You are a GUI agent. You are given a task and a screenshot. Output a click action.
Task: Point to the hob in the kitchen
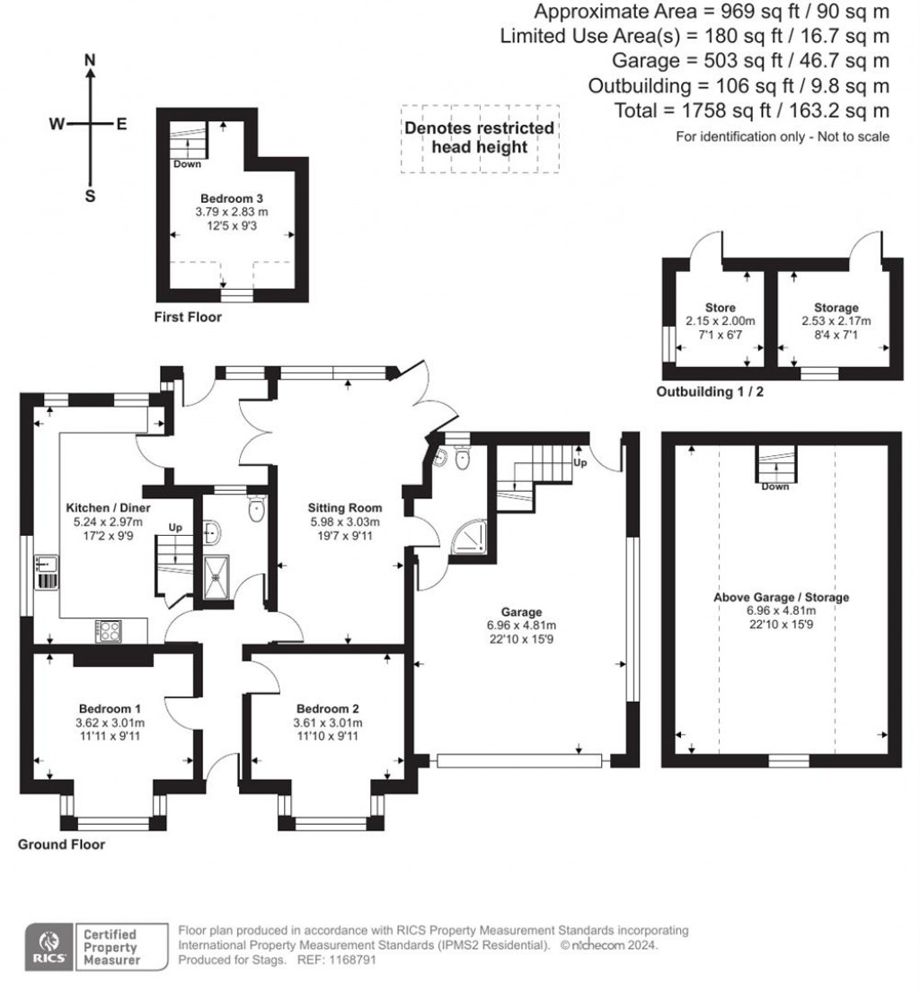[x=110, y=632]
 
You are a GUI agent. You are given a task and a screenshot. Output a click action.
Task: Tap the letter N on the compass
[x=90, y=60]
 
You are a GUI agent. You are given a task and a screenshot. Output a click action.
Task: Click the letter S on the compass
[x=90, y=197]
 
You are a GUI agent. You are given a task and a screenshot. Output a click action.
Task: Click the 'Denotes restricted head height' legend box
[x=479, y=138]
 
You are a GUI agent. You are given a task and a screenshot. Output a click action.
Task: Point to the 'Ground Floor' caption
[x=61, y=845]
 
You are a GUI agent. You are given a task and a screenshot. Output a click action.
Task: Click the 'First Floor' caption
[x=188, y=317]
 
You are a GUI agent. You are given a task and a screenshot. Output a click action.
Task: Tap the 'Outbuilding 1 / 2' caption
[x=714, y=392]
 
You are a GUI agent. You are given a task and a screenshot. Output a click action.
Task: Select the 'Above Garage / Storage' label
[x=780, y=597]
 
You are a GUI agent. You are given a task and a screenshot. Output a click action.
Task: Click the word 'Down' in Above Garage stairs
[x=774, y=487]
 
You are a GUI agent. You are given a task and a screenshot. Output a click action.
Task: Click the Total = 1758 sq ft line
[x=751, y=111]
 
